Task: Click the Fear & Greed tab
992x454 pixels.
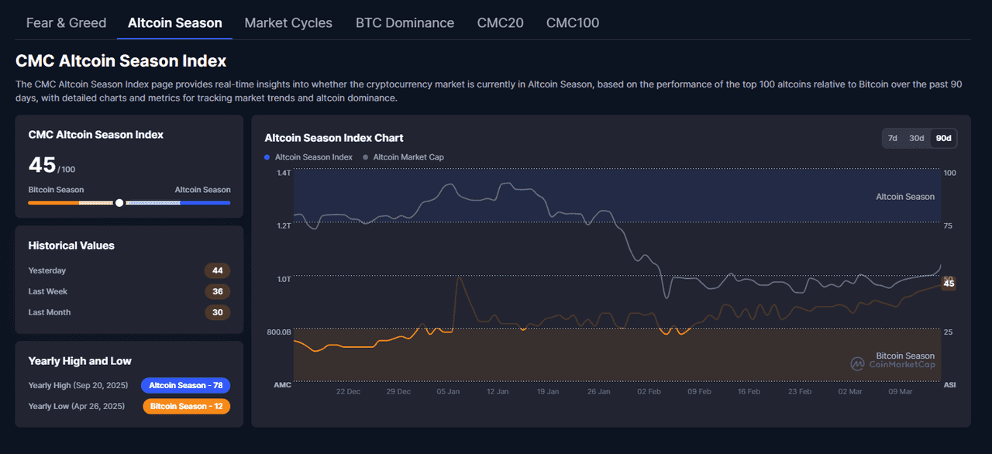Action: point(66,22)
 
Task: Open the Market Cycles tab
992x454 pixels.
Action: point(288,22)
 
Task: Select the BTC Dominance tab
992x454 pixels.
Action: point(405,22)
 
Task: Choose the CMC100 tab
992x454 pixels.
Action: point(572,22)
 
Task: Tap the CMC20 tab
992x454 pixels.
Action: point(500,22)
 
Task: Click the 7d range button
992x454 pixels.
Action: point(893,138)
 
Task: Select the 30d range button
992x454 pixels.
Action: point(917,138)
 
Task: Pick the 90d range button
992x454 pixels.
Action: point(943,138)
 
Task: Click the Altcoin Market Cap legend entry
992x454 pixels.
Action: point(408,157)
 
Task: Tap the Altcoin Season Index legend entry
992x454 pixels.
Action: point(313,157)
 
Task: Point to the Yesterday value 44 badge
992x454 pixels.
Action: point(217,270)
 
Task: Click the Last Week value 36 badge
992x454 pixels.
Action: point(217,291)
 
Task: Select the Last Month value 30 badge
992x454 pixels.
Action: point(217,312)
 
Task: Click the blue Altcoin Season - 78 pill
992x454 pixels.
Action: point(185,385)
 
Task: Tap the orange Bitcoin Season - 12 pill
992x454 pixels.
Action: point(186,406)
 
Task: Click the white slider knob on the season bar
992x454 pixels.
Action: point(119,203)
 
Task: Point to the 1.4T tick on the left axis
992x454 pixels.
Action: point(284,173)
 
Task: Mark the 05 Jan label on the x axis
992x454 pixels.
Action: point(448,391)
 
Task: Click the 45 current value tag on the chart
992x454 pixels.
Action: point(949,284)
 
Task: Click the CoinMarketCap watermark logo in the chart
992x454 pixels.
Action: point(858,363)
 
